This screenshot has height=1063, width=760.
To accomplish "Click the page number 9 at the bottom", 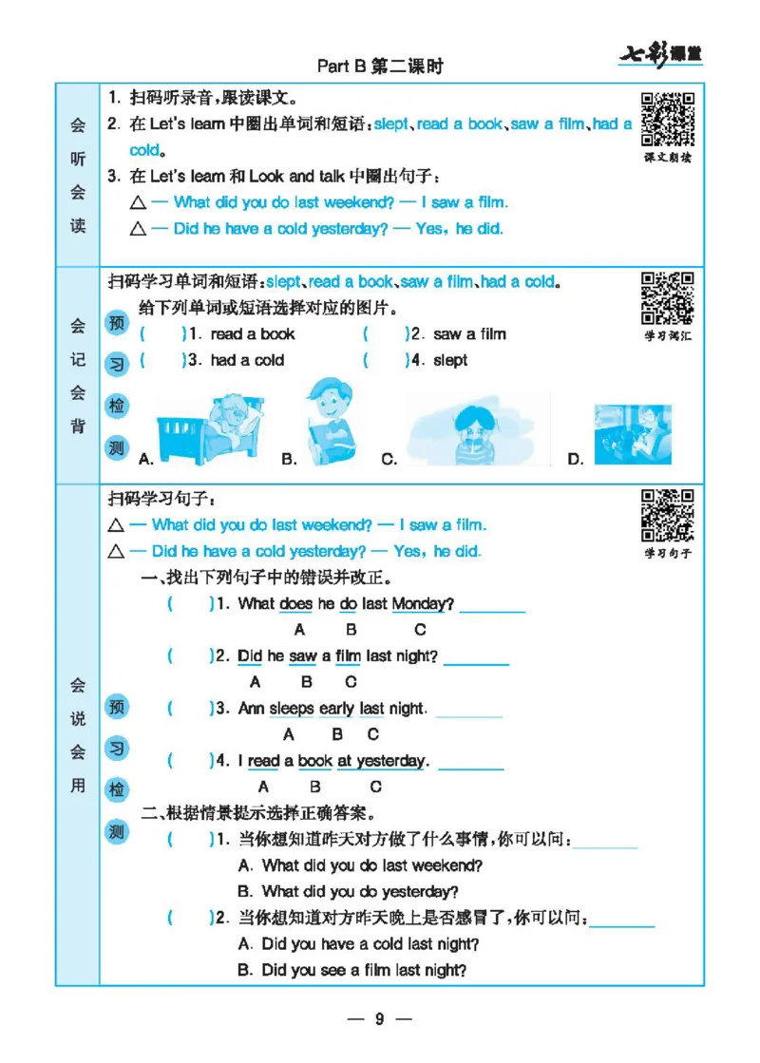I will point(379,1019).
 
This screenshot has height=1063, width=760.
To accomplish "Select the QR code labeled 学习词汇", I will point(667,298).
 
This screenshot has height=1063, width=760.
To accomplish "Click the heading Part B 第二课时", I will point(380,66).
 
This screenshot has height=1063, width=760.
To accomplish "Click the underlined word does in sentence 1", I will point(295,604).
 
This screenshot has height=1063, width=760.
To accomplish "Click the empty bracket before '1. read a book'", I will point(161,334).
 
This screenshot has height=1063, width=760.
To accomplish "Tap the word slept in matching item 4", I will point(450,361).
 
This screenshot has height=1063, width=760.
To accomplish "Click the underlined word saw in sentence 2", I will point(302,656).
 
